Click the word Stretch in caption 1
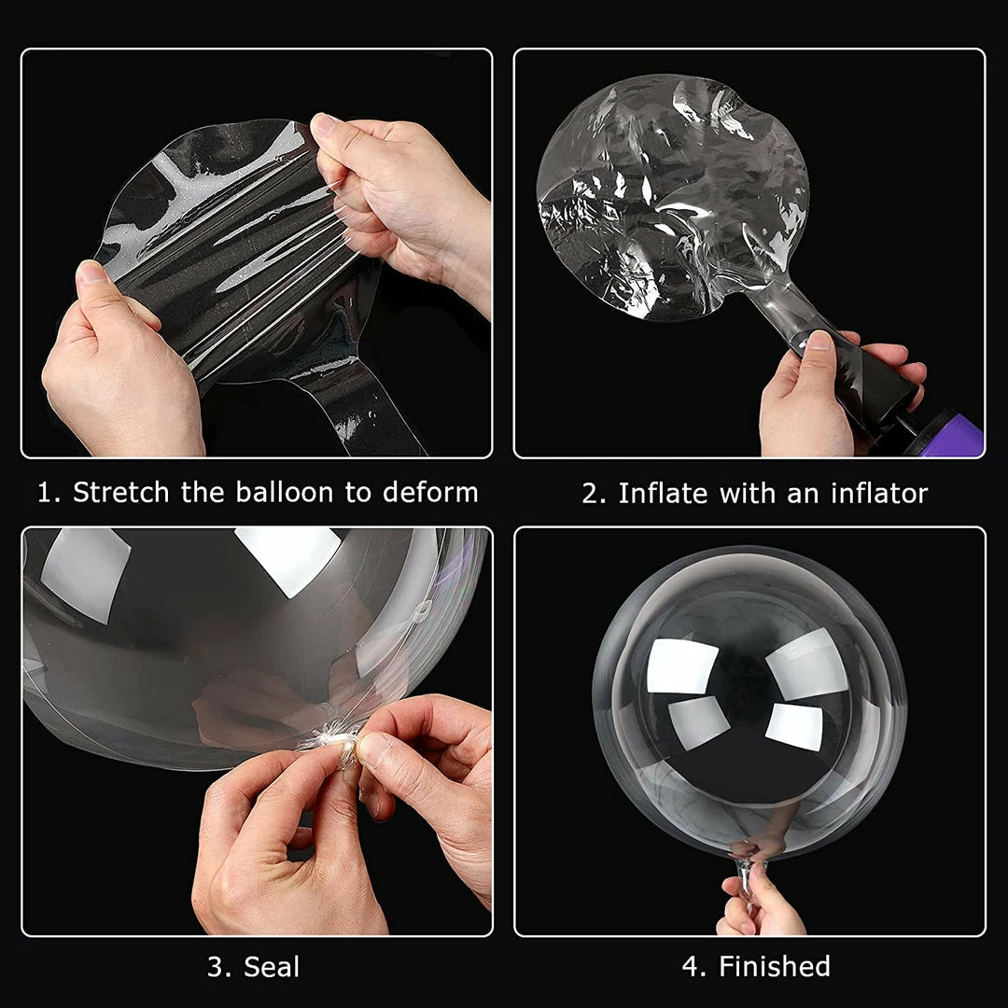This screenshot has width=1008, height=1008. click(x=120, y=493)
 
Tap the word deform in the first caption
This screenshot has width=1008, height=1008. click(x=430, y=493)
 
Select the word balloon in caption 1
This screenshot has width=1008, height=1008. click(x=285, y=493)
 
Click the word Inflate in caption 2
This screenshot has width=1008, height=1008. click(x=663, y=493)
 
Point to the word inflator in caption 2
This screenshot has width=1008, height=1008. click(x=879, y=493)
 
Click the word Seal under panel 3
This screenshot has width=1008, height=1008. click(x=272, y=967)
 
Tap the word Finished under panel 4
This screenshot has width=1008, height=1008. click(x=774, y=966)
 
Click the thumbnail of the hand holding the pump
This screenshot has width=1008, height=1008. click(x=818, y=340)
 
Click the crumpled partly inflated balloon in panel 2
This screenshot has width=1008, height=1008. click(x=672, y=196)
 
